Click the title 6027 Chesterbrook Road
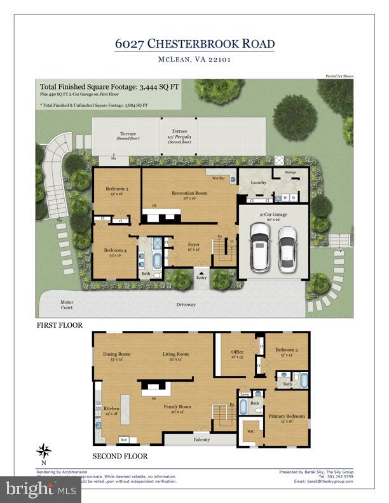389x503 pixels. tap(194, 43)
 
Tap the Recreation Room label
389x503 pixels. tap(189, 192)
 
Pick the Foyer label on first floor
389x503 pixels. tap(193, 245)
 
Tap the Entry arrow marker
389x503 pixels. tap(202, 272)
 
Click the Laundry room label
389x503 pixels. tap(257, 182)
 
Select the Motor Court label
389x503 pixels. tap(67, 304)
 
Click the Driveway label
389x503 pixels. tap(186, 304)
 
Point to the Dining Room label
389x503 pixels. tap(116, 354)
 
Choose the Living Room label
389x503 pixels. tap(175, 354)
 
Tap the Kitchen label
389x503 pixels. tap(111, 408)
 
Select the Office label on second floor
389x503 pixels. tap(237, 352)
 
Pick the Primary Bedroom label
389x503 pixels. tap(287, 417)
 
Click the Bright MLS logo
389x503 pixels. tap(41, 489)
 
